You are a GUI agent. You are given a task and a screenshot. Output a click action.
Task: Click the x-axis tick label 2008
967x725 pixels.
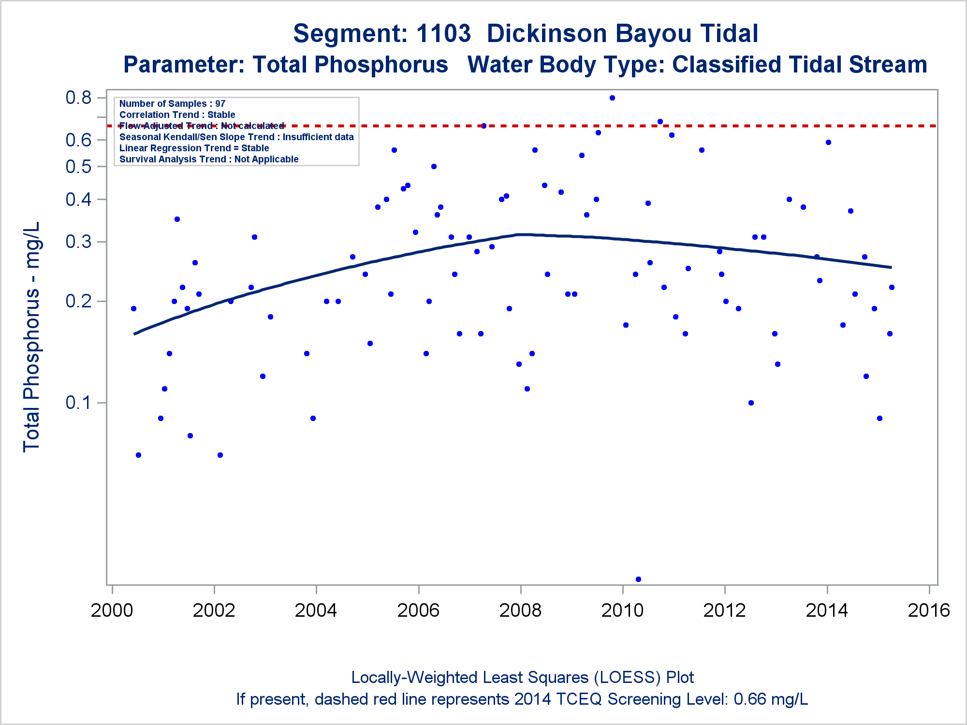[x=520, y=610]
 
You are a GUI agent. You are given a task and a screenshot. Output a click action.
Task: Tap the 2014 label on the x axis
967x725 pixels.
[x=827, y=610]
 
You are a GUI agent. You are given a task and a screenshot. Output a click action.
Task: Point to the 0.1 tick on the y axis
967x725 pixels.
[x=78, y=403]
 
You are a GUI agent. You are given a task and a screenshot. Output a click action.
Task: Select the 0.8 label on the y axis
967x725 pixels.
[x=78, y=98]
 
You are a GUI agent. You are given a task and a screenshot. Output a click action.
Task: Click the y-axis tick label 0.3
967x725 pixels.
[x=78, y=242]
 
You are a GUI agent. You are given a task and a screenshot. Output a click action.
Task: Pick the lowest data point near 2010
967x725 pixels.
[x=638, y=579]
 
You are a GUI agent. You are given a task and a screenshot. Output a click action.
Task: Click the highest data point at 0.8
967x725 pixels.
[x=612, y=98]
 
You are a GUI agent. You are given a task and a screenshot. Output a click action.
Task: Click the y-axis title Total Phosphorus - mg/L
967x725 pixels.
[x=31, y=337]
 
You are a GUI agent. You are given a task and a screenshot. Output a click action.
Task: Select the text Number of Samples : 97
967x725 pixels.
[x=172, y=103]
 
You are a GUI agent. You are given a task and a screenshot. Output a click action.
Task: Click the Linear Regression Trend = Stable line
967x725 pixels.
[x=194, y=148]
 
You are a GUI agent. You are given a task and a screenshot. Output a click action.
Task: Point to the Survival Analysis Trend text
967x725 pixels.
[x=209, y=159]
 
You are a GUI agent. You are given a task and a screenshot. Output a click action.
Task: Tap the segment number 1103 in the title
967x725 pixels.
[x=443, y=34]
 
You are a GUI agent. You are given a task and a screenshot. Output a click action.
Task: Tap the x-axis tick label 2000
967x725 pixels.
[x=112, y=610]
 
